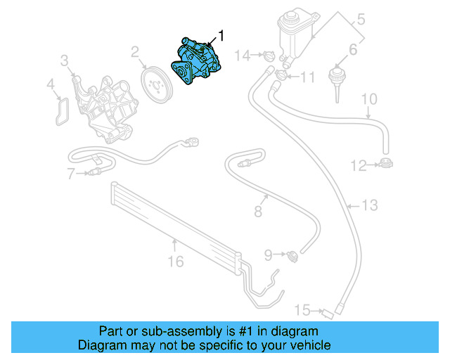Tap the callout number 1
[222, 34]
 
